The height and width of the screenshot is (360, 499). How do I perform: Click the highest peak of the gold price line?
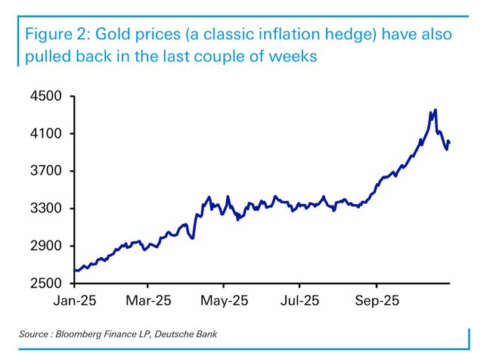pyautogui.click(x=435, y=110)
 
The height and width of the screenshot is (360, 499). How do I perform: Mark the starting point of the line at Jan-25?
pyautogui.click(x=75, y=271)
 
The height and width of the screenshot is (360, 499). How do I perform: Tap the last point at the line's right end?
pyautogui.click(x=450, y=142)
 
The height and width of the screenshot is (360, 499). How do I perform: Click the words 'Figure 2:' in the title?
pyautogui.click(x=57, y=35)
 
